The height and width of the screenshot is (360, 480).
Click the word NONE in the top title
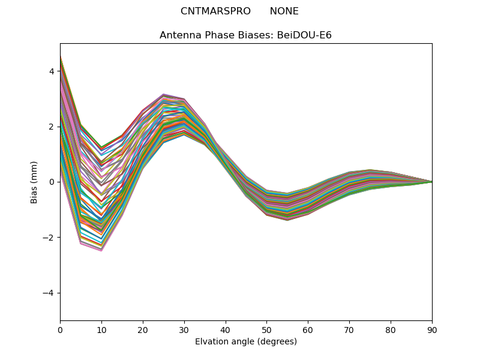[284, 11]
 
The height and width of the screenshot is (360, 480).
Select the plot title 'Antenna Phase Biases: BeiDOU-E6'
[245, 35]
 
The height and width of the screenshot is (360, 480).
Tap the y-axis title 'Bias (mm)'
[34, 182]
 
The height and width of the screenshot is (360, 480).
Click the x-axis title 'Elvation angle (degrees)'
[245, 341]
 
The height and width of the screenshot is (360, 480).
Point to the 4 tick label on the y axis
[52, 71]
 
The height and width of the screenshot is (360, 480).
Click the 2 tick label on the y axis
[52, 127]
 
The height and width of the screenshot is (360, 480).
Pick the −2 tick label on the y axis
[49, 238]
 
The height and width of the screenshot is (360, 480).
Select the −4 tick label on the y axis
[49, 293]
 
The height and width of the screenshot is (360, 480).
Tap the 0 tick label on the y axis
[52, 182]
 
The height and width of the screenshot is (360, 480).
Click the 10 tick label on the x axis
[101, 329]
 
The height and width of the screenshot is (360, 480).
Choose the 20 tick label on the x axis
[143, 329]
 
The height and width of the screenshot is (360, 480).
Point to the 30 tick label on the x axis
[184, 329]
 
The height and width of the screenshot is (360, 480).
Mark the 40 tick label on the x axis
[225, 329]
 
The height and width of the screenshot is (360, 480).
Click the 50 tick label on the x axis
[266, 329]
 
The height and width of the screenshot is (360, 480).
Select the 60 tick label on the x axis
[308, 329]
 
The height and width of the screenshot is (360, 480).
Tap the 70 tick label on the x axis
[349, 329]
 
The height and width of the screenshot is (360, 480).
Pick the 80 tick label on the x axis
[391, 329]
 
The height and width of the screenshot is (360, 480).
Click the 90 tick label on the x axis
[431, 329]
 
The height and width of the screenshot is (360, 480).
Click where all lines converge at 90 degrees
[431, 182]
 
